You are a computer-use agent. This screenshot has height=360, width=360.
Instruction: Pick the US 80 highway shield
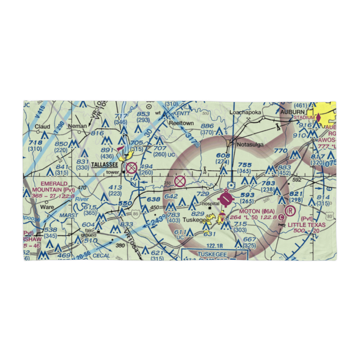[329, 217]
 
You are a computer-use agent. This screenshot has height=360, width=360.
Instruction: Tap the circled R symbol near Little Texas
[289, 210]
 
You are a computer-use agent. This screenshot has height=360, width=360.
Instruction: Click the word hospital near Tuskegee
[211, 203]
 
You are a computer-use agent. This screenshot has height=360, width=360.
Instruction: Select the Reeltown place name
[181, 123]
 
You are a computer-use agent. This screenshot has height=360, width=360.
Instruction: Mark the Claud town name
[42, 127]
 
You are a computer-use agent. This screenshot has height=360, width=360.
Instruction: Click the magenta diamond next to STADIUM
[318, 117]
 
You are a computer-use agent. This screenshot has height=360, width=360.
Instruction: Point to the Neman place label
[79, 126]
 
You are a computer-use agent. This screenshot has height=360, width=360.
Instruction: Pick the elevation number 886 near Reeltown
[207, 126]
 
